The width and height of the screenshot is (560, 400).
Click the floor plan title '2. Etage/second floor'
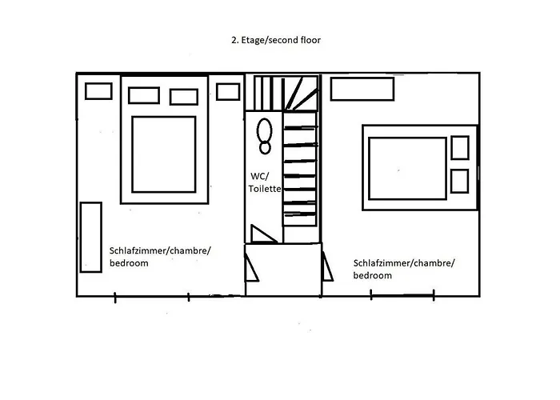(x=276, y=40)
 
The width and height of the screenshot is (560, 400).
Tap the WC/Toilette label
(x=265, y=182)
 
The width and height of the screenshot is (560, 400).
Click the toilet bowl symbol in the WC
(x=265, y=136)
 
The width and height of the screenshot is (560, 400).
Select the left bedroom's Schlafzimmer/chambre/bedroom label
(x=160, y=257)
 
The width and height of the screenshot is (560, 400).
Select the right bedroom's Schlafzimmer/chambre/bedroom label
(x=404, y=270)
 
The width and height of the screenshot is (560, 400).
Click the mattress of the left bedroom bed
(x=164, y=154)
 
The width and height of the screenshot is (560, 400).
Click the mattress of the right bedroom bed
(x=407, y=169)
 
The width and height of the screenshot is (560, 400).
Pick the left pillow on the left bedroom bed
(x=144, y=95)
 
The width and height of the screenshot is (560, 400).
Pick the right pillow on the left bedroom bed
(x=184, y=97)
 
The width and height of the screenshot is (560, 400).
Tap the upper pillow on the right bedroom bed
(x=460, y=147)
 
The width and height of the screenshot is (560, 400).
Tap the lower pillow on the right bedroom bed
(x=460, y=181)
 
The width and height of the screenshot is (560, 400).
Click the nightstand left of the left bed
(x=98, y=91)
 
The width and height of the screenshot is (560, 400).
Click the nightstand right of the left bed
(x=228, y=92)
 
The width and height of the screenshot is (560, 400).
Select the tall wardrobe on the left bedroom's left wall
(x=91, y=238)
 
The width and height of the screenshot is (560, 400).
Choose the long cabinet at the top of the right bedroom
(x=362, y=89)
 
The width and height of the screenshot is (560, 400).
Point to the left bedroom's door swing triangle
(x=251, y=268)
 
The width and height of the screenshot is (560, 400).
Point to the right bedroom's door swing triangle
(x=327, y=266)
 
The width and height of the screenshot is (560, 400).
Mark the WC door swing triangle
(x=263, y=234)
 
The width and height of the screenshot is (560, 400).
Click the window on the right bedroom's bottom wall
(x=402, y=295)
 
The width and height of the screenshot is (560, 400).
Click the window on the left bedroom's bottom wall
(x=152, y=297)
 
